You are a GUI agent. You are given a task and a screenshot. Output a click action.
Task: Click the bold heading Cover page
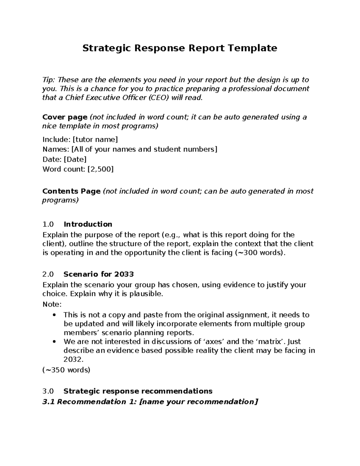[65, 117]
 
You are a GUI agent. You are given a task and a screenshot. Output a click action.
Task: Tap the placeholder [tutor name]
[95, 140]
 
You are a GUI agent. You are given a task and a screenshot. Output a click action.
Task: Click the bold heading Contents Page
[71, 191]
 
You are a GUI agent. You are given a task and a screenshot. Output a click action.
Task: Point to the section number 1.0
[48, 224]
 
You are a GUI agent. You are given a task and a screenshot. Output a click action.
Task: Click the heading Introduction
[88, 224]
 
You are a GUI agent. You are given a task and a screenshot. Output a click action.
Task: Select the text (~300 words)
[258, 253]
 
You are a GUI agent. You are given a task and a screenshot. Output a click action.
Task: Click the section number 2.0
[48, 274]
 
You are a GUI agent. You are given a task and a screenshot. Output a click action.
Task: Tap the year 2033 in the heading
[124, 274]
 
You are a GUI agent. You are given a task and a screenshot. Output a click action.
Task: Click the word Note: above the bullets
[52, 304]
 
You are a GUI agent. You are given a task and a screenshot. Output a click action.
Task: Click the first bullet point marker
[54, 315]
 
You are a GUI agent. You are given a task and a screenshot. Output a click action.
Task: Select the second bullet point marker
[54, 342]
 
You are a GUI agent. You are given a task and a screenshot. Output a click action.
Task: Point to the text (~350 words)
[66, 370]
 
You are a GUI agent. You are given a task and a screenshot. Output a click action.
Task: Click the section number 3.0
[48, 391]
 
